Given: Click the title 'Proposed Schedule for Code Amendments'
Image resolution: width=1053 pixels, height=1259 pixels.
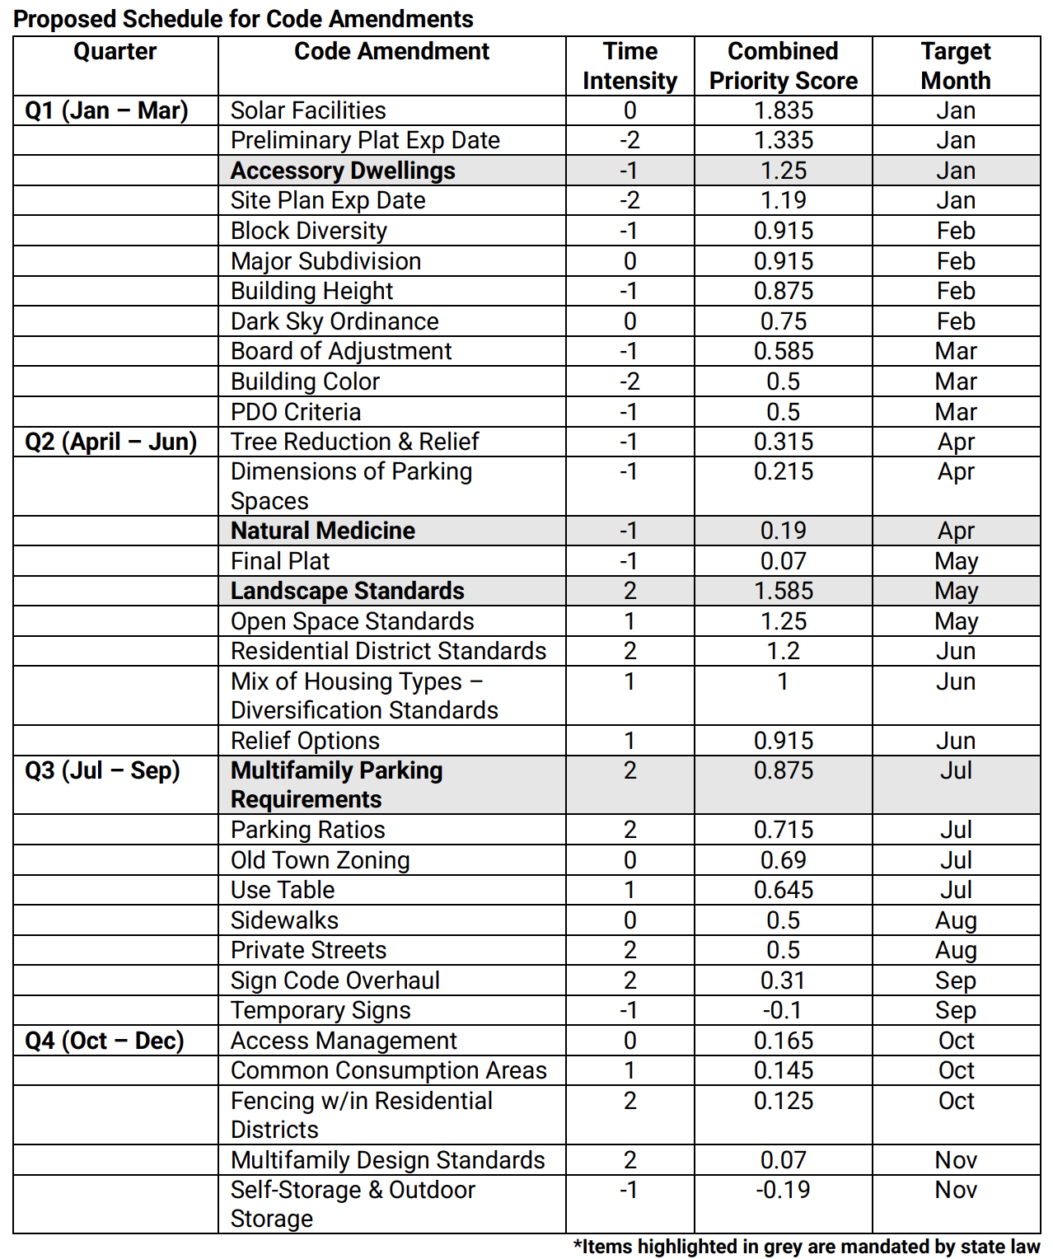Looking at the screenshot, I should pos(243,18).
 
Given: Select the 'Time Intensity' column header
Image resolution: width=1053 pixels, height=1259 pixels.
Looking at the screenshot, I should pos(629,66).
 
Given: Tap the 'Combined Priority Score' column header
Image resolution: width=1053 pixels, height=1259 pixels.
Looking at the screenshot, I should pos(783,66).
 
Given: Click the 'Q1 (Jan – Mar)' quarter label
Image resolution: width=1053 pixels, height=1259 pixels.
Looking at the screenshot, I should pos(106,110).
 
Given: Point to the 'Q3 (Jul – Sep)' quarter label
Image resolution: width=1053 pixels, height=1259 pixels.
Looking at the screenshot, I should pos(102,770).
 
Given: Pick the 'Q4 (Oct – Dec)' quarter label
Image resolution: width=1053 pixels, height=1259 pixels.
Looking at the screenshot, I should pos(105,1041).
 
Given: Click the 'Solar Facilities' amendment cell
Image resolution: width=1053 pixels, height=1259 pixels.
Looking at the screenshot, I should pos(308,110).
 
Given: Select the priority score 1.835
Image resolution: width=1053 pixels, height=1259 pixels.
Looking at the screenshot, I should pos(783,110).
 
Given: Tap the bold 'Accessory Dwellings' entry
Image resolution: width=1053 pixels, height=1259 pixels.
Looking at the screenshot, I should pos(343,171).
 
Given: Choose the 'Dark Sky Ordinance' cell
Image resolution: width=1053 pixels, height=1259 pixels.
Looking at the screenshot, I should pos(335,321).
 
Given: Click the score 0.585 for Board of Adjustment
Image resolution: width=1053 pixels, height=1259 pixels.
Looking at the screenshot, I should pos(783,351).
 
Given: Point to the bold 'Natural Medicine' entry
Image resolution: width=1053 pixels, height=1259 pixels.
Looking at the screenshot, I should pos(323,531).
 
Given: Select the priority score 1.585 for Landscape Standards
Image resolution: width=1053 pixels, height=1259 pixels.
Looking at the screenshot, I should pos(783,591).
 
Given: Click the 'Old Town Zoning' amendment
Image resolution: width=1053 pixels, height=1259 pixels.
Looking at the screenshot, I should pos(320,860).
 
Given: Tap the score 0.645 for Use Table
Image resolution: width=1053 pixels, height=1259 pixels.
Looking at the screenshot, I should pos(783,890).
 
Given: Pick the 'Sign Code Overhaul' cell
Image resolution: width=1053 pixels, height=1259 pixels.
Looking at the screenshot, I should pos(335,981).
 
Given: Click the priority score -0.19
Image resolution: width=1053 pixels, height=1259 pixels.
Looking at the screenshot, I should pos(783,1190).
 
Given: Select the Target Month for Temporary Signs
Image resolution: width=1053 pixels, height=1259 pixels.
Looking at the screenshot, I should pos(956,1010).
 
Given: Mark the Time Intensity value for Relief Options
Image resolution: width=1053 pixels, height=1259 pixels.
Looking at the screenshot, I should pos(629,741).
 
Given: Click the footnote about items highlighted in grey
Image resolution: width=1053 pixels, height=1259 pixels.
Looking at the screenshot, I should pos(807,1247).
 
